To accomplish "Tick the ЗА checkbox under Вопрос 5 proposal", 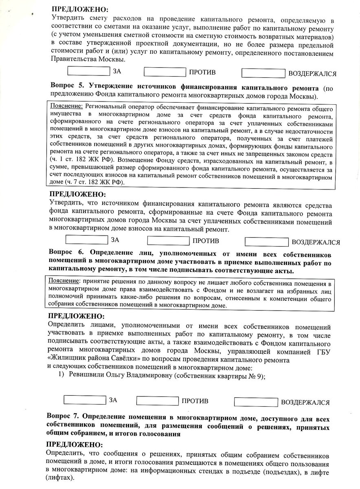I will pyautogui.click(x=86, y=240).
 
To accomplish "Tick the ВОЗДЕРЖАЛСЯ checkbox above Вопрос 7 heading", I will pyautogui.click(x=255, y=402).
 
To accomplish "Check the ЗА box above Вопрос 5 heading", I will pyautogui.click(x=88, y=71).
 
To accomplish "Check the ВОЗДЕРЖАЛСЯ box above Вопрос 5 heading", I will pyautogui.click(x=263, y=73).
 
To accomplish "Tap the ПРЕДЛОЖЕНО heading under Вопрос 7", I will pyautogui.click(x=75, y=445).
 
